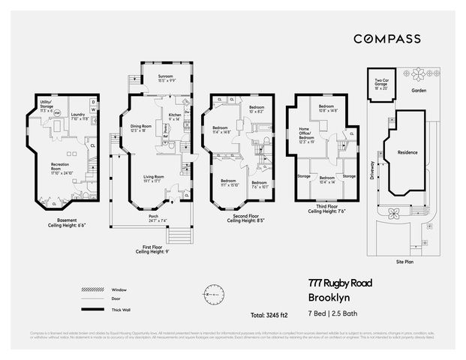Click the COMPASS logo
(x=386, y=38)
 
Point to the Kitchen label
(x=174, y=117)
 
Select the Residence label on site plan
(x=407, y=151)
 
